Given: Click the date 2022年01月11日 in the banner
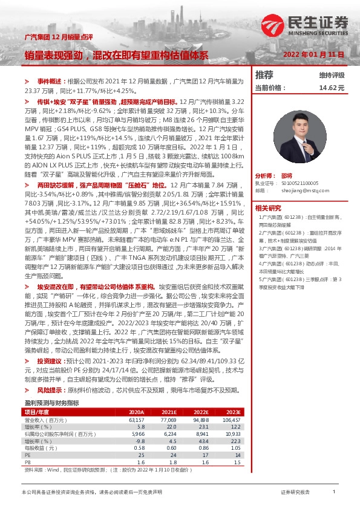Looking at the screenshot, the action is tap(315, 54).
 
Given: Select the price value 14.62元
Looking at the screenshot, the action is tap(332, 88).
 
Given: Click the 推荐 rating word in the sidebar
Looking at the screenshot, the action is tap(264, 75).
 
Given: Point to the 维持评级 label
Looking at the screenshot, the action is tap(332, 76).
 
